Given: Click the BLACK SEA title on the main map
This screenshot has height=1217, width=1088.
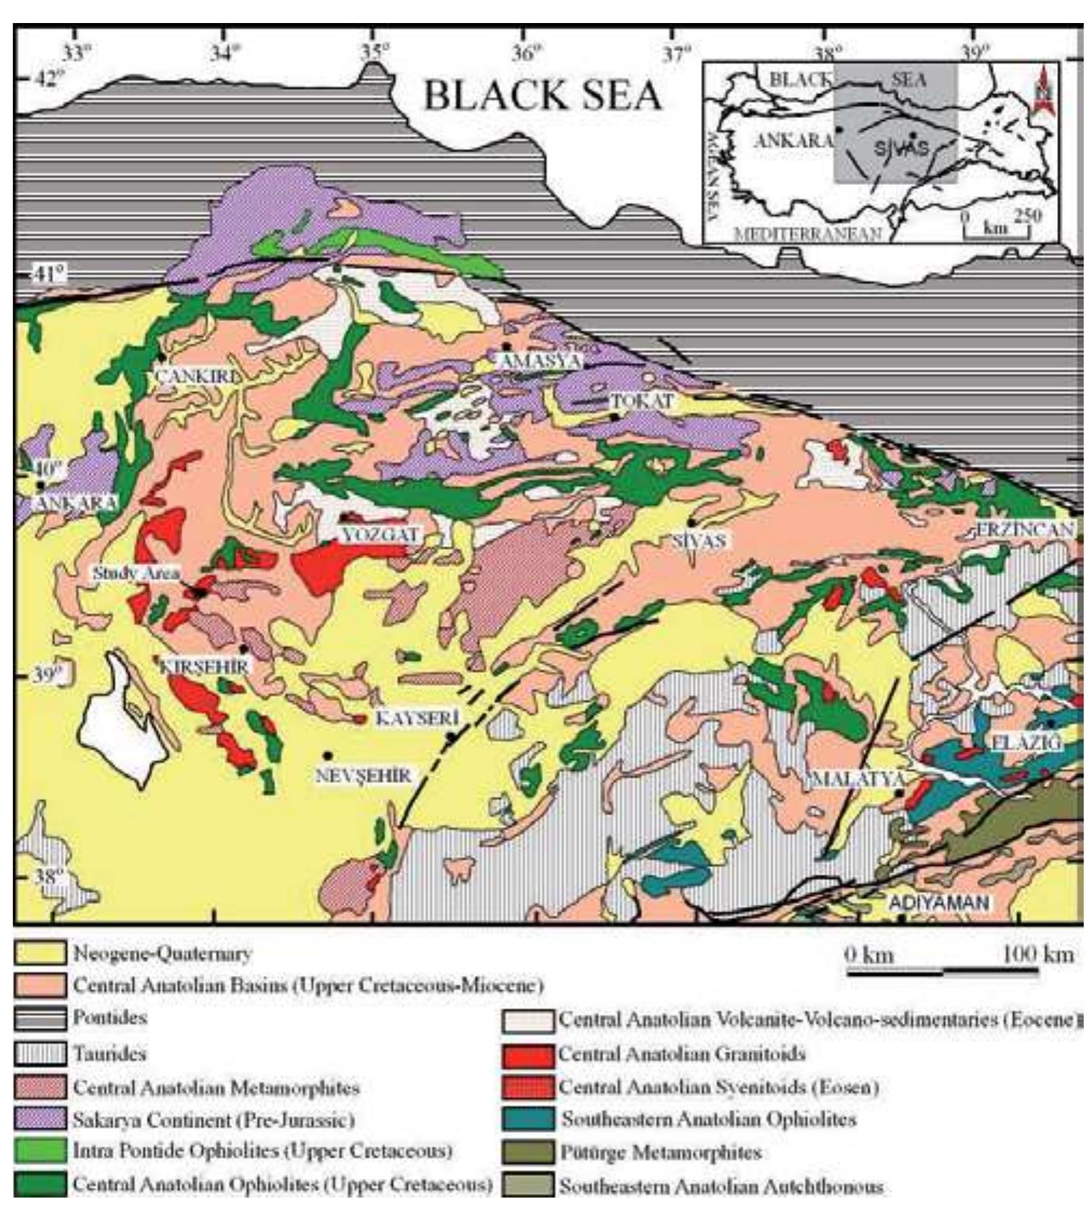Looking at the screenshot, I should click(x=542, y=96).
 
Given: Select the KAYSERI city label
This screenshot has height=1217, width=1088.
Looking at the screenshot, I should click(x=417, y=718).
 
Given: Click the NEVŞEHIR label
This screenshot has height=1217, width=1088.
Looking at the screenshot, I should click(x=363, y=775).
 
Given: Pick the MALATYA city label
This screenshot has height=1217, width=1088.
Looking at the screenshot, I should click(x=857, y=779).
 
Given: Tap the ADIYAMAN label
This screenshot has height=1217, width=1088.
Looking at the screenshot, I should click(x=939, y=902).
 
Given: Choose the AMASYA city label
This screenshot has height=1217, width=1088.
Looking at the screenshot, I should click(x=540, y=361).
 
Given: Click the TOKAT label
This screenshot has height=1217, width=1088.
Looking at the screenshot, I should click(x=643, y=401).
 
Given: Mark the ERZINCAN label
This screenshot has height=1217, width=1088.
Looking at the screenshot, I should click(x=1025, y=530).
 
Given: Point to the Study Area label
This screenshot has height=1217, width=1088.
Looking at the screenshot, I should click(x=135, y=573).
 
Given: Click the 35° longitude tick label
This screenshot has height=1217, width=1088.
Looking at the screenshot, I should click(x=374, y=52).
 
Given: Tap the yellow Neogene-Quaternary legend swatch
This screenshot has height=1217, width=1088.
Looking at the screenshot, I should click(x=40, y=953).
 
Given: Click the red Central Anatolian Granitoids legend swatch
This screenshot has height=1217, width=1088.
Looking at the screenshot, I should click(x=528, y=1054).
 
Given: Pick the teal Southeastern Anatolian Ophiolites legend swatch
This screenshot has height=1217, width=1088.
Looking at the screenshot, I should click(x=528, y=1119).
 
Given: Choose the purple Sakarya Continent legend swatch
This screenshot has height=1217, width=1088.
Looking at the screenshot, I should click(x=40, y=1119).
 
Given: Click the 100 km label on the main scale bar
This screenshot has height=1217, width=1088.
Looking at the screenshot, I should click(x=1037, y=954).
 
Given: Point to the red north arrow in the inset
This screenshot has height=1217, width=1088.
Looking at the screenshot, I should click(x=1038, y=90).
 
